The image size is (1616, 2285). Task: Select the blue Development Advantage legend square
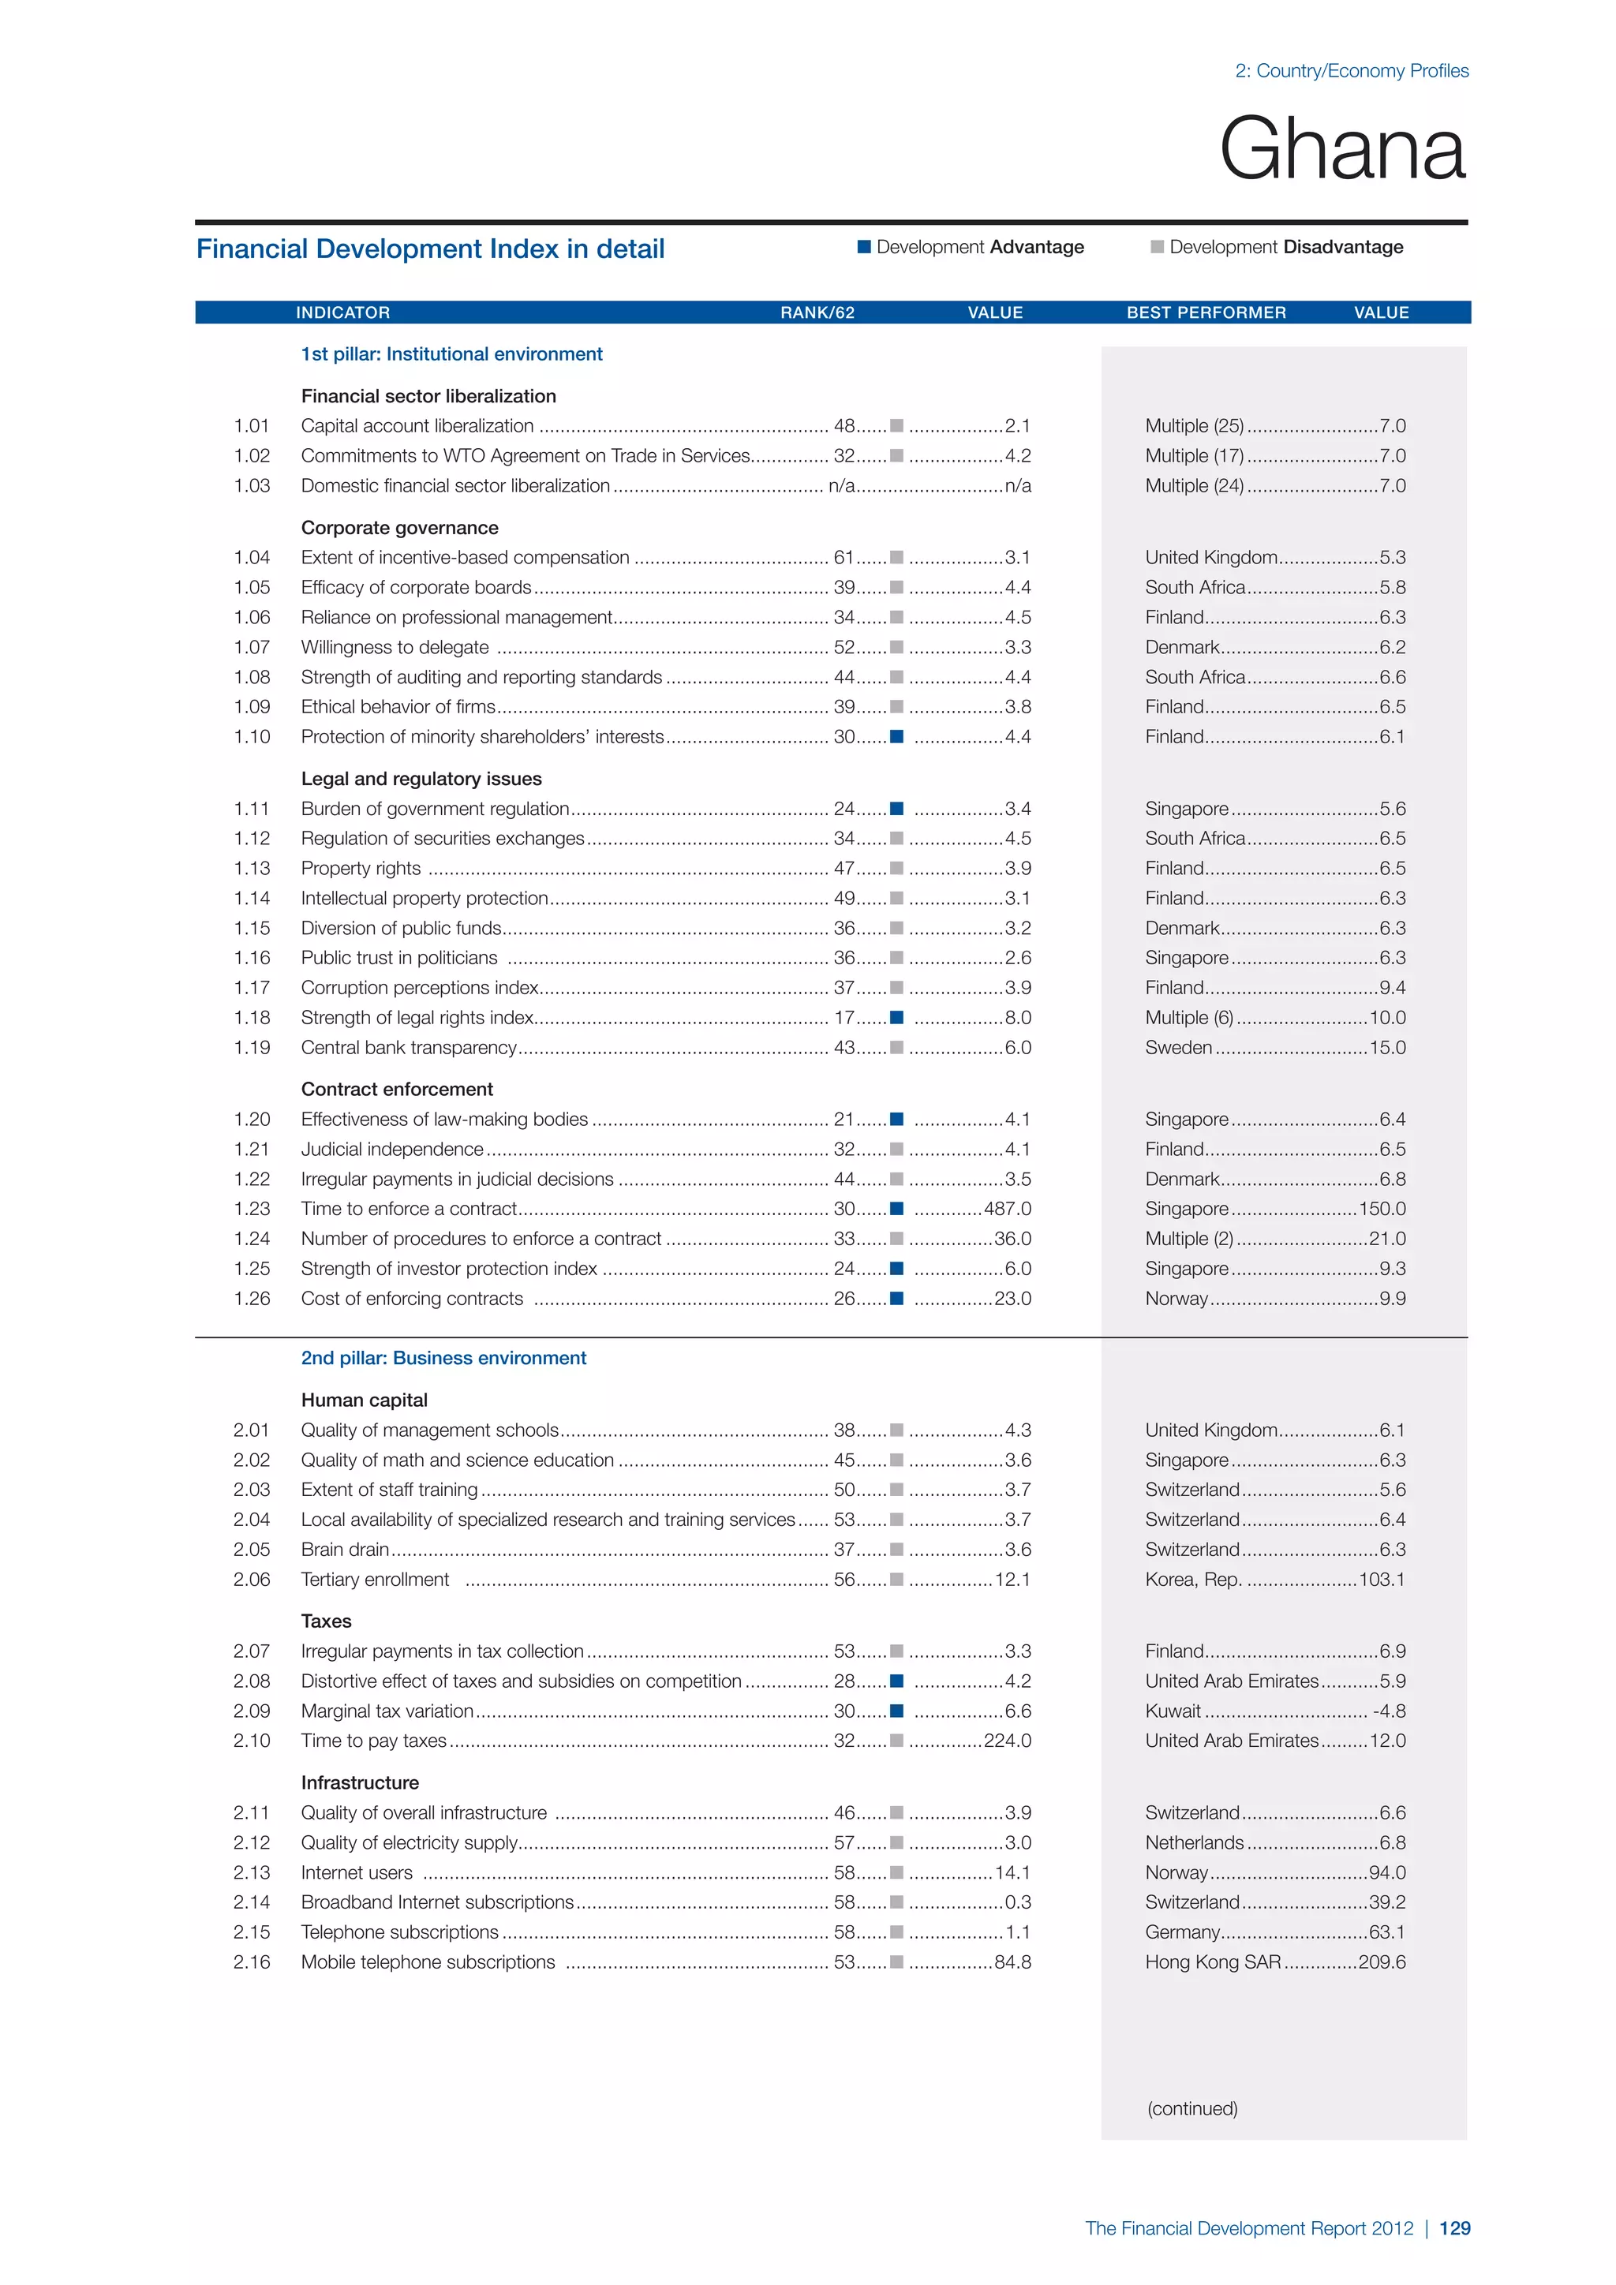[x=864, y=247]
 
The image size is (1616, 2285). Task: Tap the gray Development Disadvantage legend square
[x=1156, y=247]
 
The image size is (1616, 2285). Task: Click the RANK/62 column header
[x=817, y=312]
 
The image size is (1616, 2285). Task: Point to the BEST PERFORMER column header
[x=1206, y=312]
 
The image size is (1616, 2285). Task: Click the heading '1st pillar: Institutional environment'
[x=452, y=354]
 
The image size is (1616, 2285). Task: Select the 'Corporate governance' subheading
[x=400, y=528]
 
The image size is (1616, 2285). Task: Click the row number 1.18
[x=252, y=1017]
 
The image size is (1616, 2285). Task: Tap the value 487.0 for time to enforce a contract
[x=1007, y=1208]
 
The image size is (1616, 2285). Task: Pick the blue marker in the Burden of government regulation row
[x=896, y=808]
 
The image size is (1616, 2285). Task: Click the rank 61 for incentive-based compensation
[x=844, y=557]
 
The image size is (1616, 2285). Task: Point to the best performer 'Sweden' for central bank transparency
[x=1178, y=1047]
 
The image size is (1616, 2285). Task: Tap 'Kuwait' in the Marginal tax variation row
[x=1173, y=1711]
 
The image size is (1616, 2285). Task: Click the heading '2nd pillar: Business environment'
[x=443, y=1359]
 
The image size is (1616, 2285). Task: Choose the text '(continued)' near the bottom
[x=1192, y=2107]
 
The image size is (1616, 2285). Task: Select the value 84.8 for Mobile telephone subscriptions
[x=1013, y=1962]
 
